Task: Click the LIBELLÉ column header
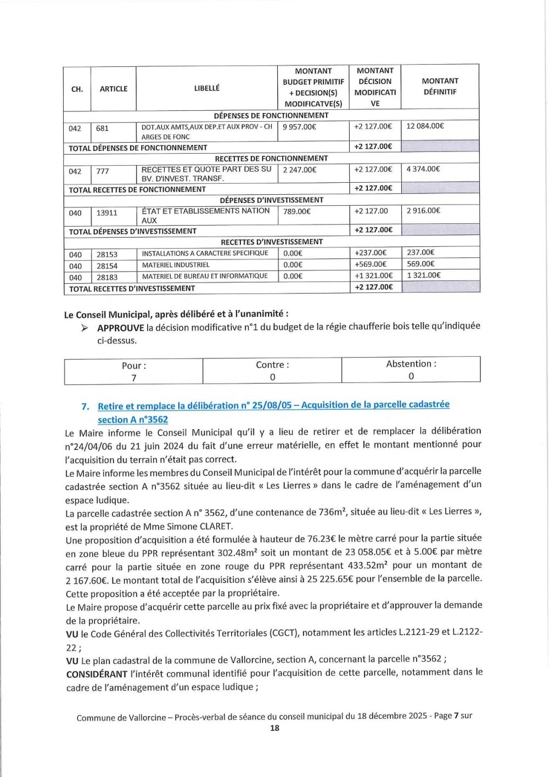coord(206,88)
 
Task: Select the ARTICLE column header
coord(113,89)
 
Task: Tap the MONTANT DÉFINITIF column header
coord(440,87)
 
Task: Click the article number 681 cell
coord(103,129)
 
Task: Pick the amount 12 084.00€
coord(425,126)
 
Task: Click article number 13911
coord(107,213)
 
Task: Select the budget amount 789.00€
coord(296,211)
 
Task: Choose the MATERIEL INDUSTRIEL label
coord(175,265)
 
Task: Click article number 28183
coord(107,278)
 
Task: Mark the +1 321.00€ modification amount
coord(373,276)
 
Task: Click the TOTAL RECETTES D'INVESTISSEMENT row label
coord(132,289)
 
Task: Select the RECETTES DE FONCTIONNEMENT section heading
coord(271,159)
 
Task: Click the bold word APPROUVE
coord(120,328)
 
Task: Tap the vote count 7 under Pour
coord(133,378)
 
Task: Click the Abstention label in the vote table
coord(411,364)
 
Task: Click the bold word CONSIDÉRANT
coord(97,674)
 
